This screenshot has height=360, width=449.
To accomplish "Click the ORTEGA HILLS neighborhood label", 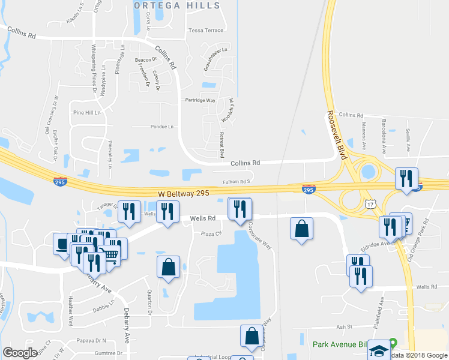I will click(x=177, y=5).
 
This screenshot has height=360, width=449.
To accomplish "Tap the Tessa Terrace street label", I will click(x=206, y=30).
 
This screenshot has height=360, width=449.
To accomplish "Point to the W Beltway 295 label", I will click(x=183, y=194).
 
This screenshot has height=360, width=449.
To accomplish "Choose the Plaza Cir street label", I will click(x=211, y=234).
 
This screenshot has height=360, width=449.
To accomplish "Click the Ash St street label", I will click(x=343, y=326).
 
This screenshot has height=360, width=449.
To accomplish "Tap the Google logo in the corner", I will click(x=20, y=353).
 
